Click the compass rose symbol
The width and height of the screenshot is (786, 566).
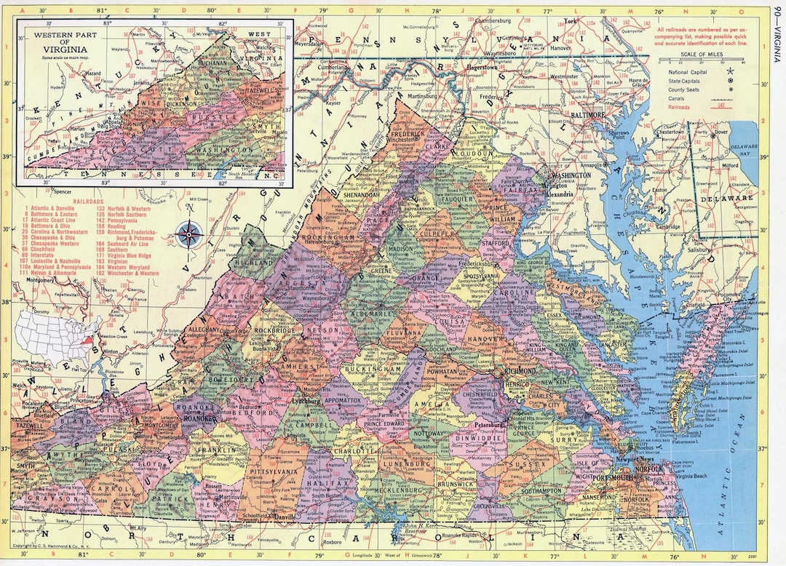click(x=189, y=234)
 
